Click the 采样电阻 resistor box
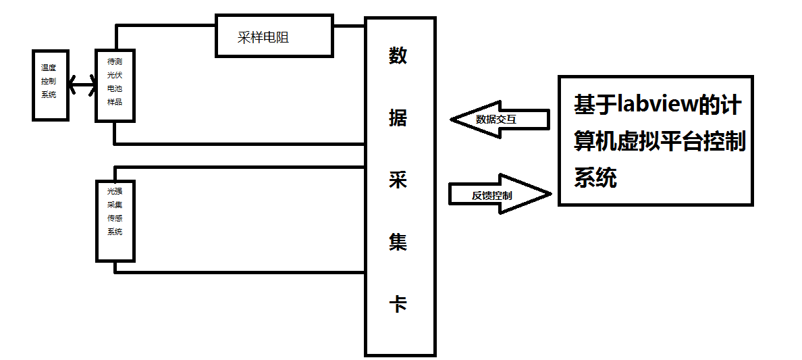275,35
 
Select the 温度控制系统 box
50,85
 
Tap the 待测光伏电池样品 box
115,86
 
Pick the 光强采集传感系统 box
115,221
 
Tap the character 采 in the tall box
398,180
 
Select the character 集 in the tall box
398,242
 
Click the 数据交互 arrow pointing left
500,120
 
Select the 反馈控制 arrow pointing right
500,194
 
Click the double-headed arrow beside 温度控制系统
82,85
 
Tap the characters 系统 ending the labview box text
595,177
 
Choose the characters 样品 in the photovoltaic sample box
115,102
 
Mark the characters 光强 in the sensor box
115,191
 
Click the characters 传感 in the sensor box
115,218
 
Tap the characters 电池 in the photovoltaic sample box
115,88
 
